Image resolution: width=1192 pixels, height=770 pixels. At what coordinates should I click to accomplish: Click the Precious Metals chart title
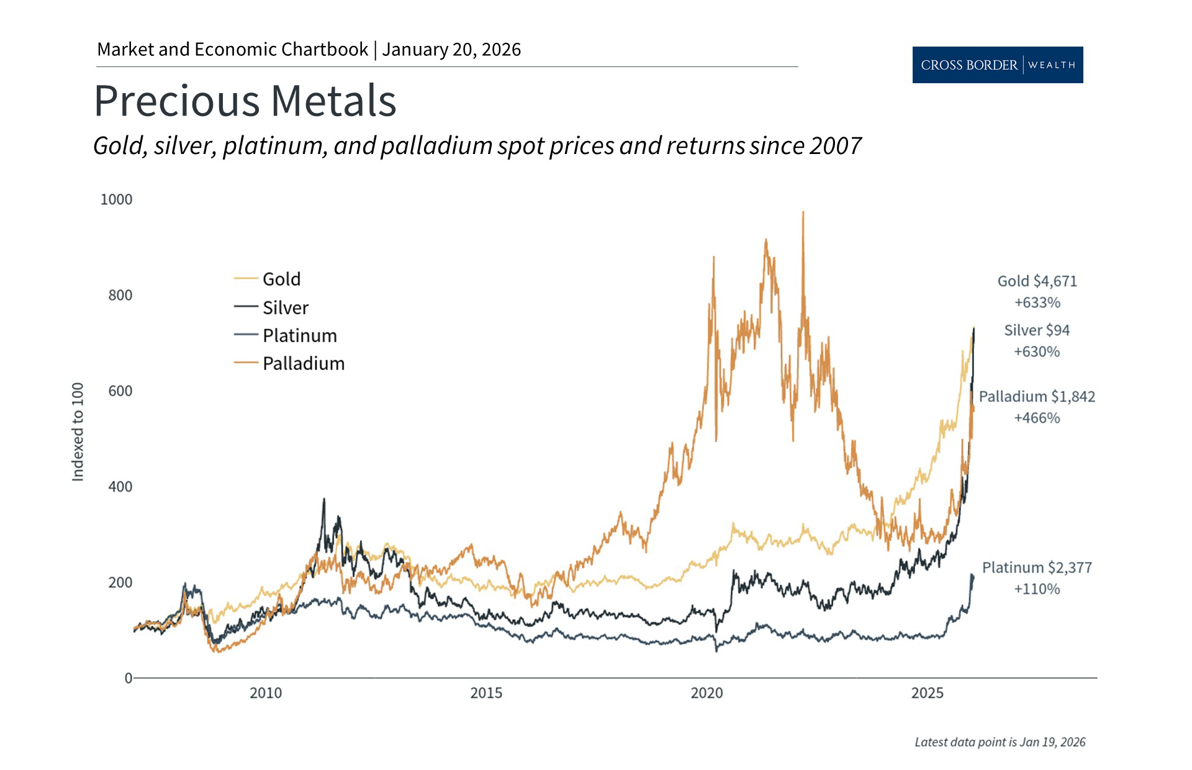pyautogui.click(x=245, y=101)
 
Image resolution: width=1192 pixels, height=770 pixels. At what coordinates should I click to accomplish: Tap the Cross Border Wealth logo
pyautogui.click(x=997, y=65)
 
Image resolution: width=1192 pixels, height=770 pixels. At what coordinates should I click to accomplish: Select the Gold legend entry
pyautogui.click(x=281, y=279)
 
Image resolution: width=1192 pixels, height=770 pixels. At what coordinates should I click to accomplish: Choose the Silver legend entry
pyautogui.click(x=285, y=307)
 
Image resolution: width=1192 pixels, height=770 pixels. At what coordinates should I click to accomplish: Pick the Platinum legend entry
pyautogui.click(x=299, y=335)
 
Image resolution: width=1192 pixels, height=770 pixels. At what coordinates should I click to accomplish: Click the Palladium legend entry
pyautogui.click(x=303, y=363)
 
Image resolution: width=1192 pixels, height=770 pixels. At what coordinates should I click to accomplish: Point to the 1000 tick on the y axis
pyautogui.click(x=116, y=199)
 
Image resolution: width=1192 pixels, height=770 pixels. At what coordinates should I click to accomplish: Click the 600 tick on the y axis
pyautogui.click(x=120, y=391)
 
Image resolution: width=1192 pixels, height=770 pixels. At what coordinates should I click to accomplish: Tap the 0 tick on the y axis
pyautogui.click(x=128, y=678)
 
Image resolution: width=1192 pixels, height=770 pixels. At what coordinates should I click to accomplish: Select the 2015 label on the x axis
pyautogui.click(x=486, y=692)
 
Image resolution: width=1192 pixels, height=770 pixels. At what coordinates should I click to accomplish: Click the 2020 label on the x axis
pyautogui.click(x=707, y=692)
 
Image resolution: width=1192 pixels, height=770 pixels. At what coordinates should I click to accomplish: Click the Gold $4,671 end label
pyautogui.click(x=1037, y=281)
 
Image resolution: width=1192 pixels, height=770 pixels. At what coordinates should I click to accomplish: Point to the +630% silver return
pyautogui.click(x=1036, y=351)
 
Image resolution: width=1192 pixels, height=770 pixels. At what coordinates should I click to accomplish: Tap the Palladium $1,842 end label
pyautogui.click(x=1037, y=396)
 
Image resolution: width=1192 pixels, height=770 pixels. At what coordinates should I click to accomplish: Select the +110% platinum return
pyautogui.click(x=1036, y=589)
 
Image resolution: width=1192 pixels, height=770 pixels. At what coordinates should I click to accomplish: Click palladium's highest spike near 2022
pyautogui.click(x=803, y=213)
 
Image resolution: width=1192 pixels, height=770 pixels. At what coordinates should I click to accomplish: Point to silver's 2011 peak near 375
pyautogui.click(x=323, y=500)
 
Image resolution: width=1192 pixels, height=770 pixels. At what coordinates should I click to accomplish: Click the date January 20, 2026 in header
pyautogui.click(x=451, y=50)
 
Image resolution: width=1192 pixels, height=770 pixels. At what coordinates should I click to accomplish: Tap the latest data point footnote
pyautogui.click(x=1000, y=742)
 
